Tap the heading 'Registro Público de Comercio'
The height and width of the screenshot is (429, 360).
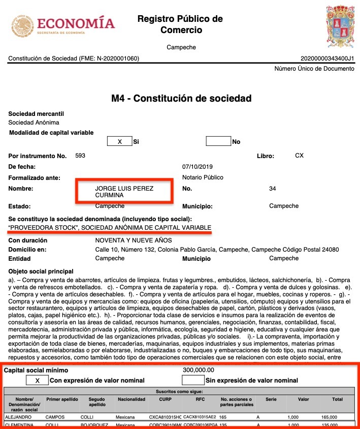[180, 24]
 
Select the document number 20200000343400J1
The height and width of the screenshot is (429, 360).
[327, 59]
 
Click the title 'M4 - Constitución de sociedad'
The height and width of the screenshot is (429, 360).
[181, 98]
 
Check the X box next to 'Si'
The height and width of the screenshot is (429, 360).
[120, 142]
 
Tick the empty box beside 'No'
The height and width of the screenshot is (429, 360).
[218, 141]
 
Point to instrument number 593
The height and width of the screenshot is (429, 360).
[80, 156]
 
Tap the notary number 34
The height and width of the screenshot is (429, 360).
[273, 189]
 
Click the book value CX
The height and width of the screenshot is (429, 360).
[299, 156]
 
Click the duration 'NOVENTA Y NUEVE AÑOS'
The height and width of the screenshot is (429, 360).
[134, 240]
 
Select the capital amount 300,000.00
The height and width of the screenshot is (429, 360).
[198, 370]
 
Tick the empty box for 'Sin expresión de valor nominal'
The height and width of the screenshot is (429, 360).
[193, 380]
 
